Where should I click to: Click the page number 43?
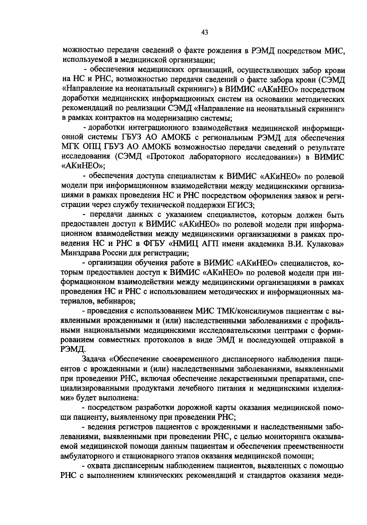[x=205, y=32]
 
